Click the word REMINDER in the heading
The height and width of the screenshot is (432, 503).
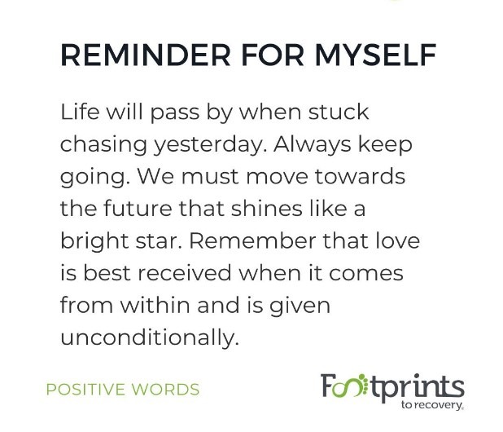[x=146, y=55]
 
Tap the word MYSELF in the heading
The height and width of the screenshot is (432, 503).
[x=376, y=55]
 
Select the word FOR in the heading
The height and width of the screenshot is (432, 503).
[x=273, y=55]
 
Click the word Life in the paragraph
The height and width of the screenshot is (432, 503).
[x=80, y=112]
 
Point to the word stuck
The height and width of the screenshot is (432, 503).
[x=339, y=112]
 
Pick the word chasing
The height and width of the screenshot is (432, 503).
[x=103, y=144]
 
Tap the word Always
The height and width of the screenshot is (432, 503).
[x=312, y=144]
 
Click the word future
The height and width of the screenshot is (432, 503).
[x=138, y=208]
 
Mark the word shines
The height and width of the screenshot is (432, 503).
[x=266, y=208]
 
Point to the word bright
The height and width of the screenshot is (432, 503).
[x=94, y=241]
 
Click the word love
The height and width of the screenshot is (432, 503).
[x=397, y=240]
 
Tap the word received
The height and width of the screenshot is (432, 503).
[x=184, y=273]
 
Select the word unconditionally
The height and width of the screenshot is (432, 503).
[x=150, y=338]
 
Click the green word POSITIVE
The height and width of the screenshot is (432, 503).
[x=85, y=390]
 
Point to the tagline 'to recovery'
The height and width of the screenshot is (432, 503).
[x=432, y=405]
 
